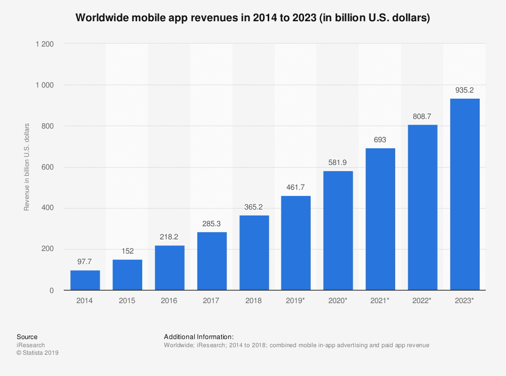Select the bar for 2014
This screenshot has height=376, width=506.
point(85,280)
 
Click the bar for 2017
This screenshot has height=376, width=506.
point(212,261)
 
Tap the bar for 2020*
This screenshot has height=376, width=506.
point(338,230)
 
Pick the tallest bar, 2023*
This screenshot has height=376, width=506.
point(465,194)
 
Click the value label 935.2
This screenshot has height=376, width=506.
point(465,90)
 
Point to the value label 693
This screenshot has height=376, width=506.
point(380,140)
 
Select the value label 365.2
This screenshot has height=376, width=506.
point(254,207)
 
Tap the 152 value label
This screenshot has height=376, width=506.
point(127,251)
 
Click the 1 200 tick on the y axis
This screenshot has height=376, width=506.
point(45,44)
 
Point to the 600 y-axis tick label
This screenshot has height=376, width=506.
point(48,167)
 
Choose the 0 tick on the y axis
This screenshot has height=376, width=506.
point(52,290)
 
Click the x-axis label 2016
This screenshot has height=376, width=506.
point(170,301)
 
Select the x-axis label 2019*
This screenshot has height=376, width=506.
point(296,301)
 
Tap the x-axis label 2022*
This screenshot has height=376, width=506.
point(423,301)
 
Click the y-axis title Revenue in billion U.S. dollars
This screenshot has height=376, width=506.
point(27,167)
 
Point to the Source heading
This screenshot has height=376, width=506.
point(27,337)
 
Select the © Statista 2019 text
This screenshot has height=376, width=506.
point(37,353)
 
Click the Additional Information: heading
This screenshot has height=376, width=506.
point(198,337)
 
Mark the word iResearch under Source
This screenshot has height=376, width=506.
point(30,345)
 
